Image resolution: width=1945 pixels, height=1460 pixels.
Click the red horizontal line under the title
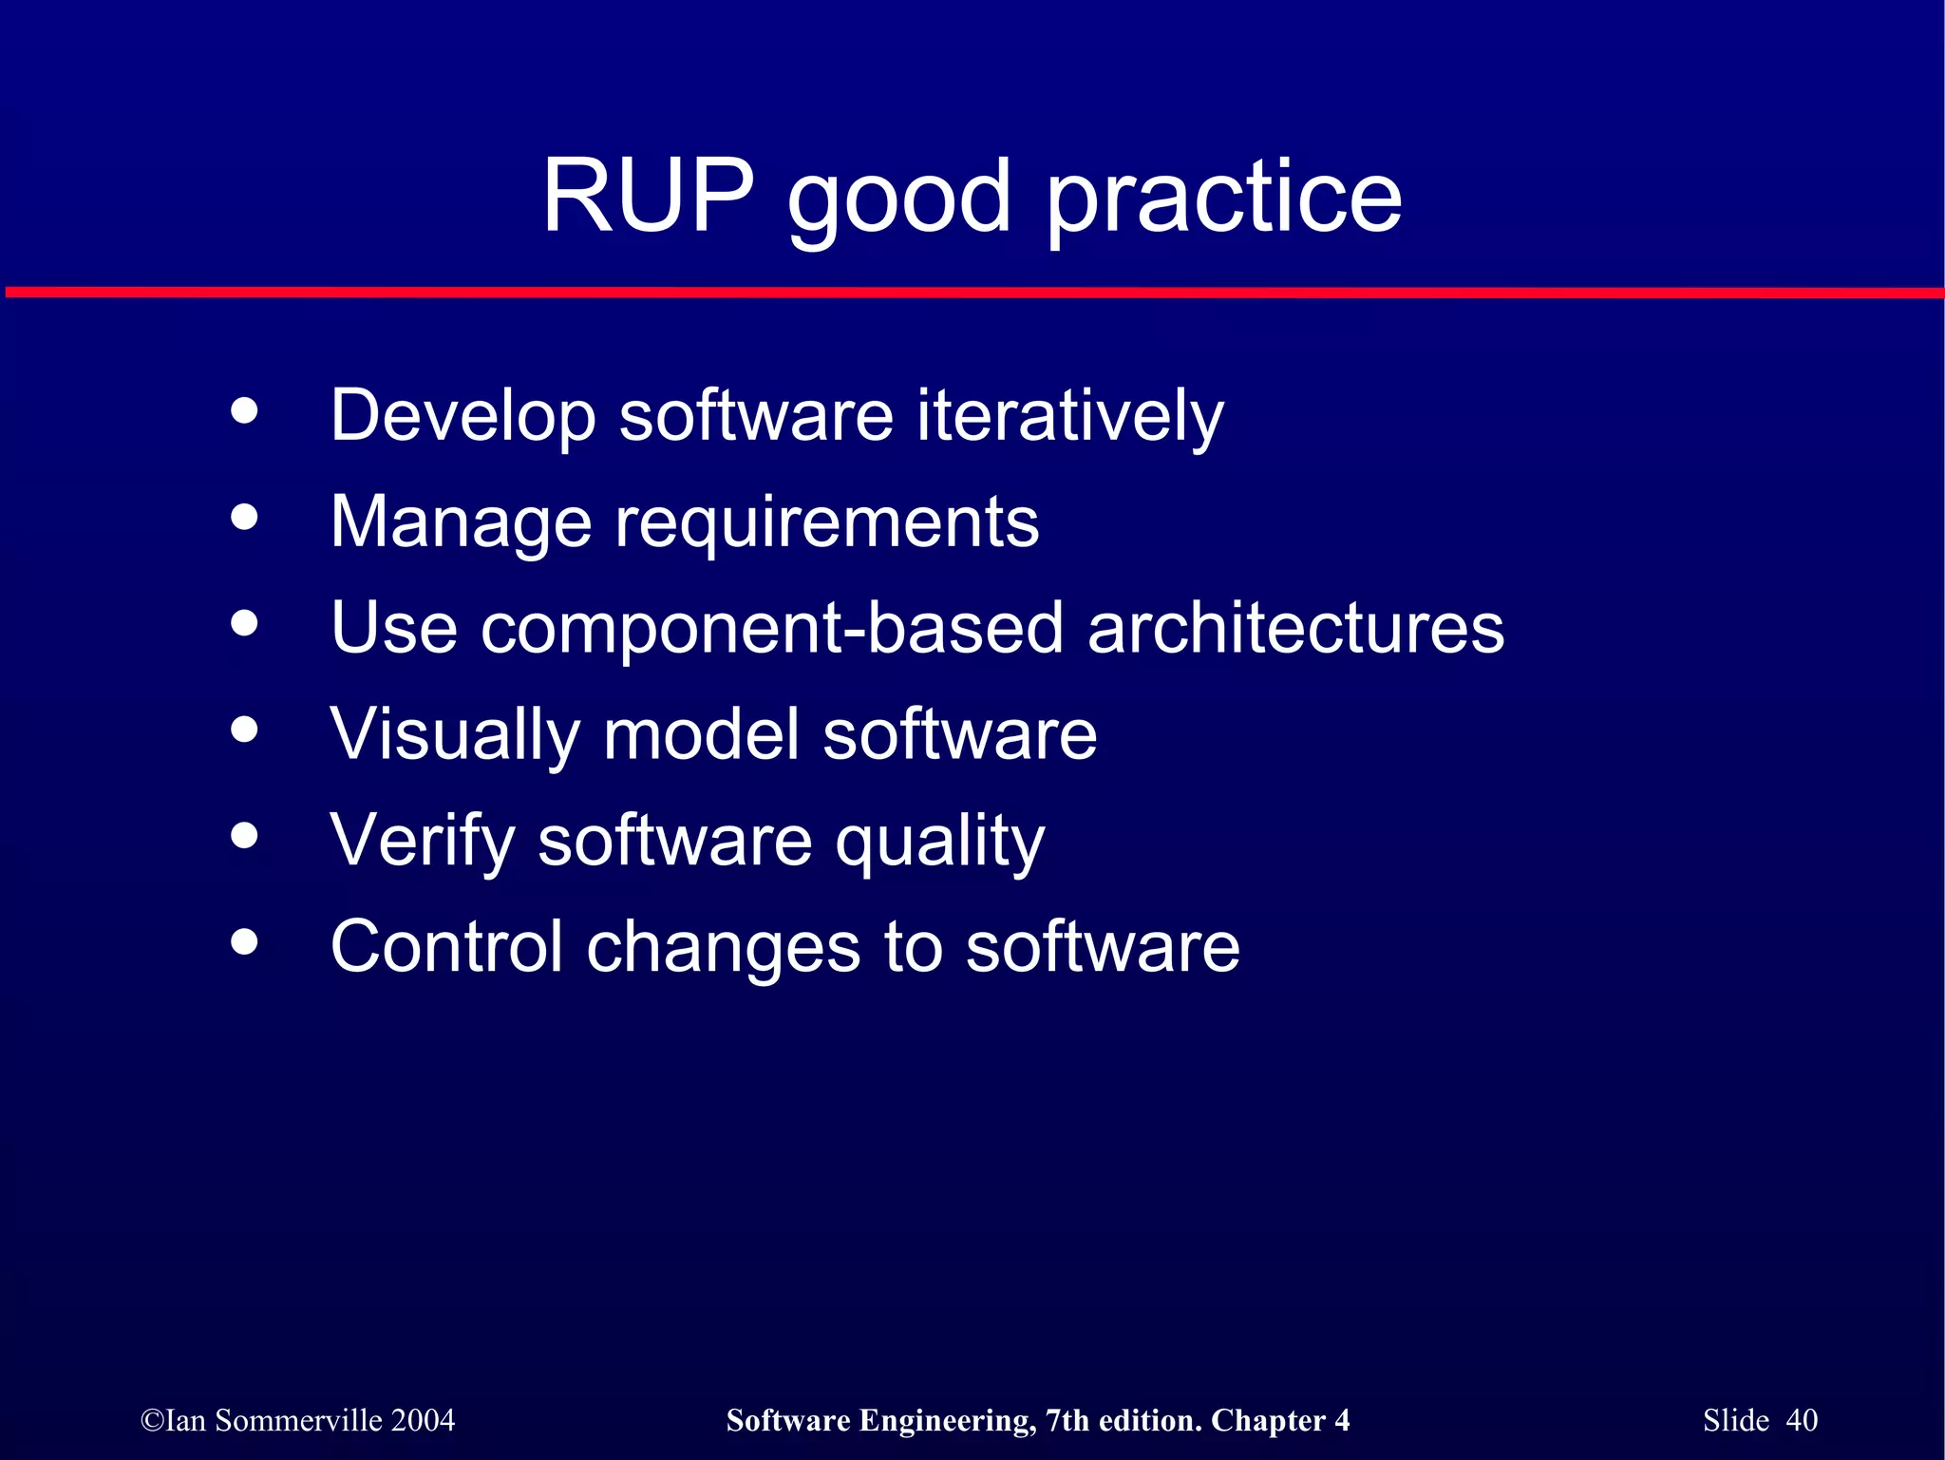tap(972, 293)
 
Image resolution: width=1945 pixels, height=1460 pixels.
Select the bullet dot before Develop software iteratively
tap(245, 411)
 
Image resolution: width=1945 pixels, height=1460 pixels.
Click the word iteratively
tap(1070, 416)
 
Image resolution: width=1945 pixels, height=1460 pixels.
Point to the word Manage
tap(461, 522)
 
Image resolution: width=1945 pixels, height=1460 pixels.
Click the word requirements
tap(827, 524)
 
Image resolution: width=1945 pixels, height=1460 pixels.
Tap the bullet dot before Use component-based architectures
tap(245, 624)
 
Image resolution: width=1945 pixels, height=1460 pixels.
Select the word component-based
tap(771, 629)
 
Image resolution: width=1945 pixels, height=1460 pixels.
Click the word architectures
tap(1295, 629)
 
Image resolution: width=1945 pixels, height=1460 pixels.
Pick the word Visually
tap(455, 735)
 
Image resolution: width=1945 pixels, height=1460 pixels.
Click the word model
tap(701, 735)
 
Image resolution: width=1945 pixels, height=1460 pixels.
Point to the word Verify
tap(422, 842)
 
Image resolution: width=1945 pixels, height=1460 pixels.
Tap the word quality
tap(939, 844)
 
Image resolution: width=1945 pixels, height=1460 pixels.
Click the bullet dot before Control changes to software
tap(245, 942)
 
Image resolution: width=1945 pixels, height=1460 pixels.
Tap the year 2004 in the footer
tap(423, 1420)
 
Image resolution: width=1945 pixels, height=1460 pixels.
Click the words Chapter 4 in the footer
tap(1280, 1420)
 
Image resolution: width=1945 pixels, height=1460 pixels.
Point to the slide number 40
tap(1802, 1420)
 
